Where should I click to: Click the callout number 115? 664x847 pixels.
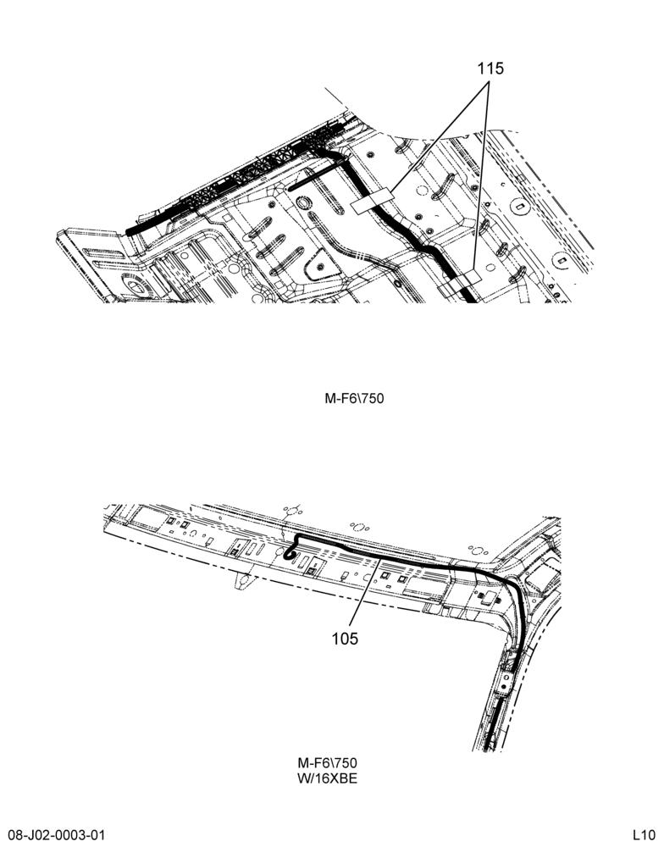click(x=490, y=69)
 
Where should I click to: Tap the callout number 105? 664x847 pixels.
click(x=345, y=639)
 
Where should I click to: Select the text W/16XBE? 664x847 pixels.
click(x=328, y=778)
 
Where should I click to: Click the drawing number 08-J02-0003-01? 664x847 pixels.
click(x=57, y=835)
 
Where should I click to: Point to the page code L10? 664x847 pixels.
click(x=645, y=835)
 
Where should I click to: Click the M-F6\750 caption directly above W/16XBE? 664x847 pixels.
click(x=328, y=763)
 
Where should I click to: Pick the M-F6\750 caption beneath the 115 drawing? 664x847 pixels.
click(x=354, y=399)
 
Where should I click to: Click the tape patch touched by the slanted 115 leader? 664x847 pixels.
click(x=373, y=201)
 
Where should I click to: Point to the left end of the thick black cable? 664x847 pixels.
click(x=130, y=231)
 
